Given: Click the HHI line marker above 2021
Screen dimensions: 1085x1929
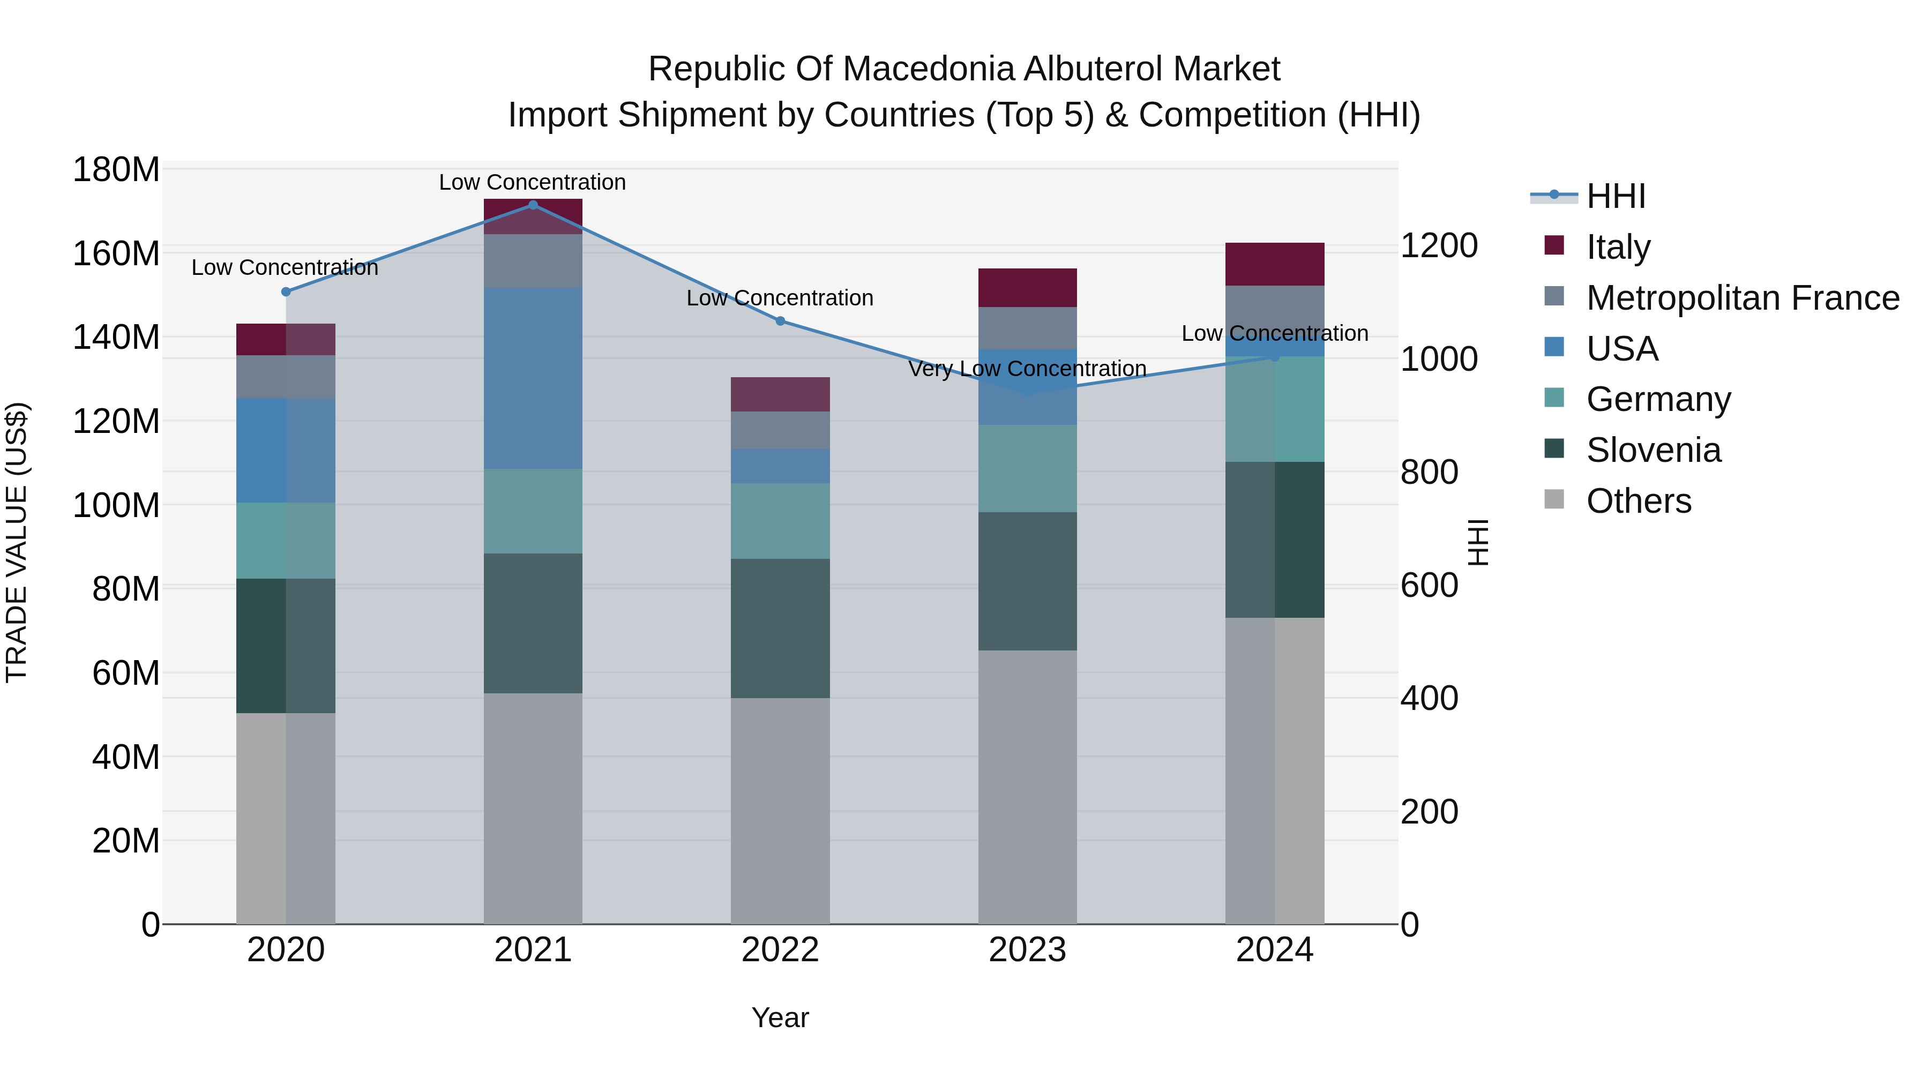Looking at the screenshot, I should pyautogui.click(x=533, y=205).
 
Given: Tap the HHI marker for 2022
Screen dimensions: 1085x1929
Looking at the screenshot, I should pyautogui.click(x=780, y=321).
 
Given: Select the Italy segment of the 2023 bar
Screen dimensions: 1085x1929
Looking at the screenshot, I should pyautogui.click(x=1027, y=288).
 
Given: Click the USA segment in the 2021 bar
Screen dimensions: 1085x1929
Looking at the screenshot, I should pyautogui.click(x=533, y=378).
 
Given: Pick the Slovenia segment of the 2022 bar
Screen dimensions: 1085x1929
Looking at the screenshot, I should pyautogui.click(x=780, y=628).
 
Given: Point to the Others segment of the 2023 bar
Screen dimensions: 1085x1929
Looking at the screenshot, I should pyautogui.click(x=1027, y=786).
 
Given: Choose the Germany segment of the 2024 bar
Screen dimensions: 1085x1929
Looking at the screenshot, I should pyautogui.click(x=1275, y=409).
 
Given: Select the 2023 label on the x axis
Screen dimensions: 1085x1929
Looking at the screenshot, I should pyautogui.click(x=1027, y=950).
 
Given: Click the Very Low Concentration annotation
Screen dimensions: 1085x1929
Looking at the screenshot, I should pyautogui.click(x=1027, y=369).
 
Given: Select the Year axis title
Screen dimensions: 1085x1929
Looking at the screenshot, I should pyautogui.click(x=780, y=1017).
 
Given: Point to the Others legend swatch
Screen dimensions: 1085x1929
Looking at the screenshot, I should pyautogui.click(x=1554, y=499).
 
